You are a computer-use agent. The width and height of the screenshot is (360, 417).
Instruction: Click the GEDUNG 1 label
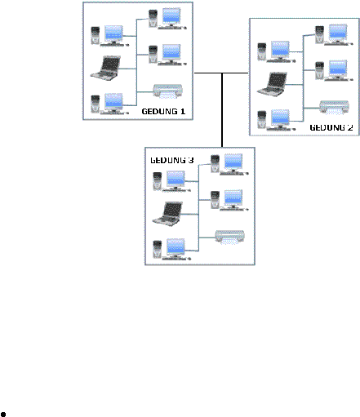(163, 111)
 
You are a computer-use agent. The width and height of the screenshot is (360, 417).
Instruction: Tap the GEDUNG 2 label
(331, 127)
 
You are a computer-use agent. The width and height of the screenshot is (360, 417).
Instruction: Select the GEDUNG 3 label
(172, 160)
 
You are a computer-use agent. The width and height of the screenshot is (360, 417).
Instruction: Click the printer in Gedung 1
(167, 91)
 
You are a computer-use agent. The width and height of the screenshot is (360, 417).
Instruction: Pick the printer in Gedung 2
(334, 108)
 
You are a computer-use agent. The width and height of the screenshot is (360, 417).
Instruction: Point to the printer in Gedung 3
(229, 237)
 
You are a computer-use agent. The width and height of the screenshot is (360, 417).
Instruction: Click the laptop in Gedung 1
(105, 68)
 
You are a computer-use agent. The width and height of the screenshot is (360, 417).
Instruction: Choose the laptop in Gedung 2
(272, 84)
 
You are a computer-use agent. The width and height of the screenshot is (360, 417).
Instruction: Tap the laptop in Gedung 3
(167, 214)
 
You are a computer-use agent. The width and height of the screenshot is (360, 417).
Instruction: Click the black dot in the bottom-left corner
(3, 415)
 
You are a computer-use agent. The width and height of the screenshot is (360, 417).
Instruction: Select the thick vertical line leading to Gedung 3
(222, 110)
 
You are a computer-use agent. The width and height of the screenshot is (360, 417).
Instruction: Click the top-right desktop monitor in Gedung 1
(171, 17)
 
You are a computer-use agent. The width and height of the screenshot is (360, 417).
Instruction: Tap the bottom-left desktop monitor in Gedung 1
(113, 102)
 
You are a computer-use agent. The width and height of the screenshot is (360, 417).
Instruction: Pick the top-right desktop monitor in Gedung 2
(338, 33)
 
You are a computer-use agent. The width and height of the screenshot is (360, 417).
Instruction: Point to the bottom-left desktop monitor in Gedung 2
(280, 118)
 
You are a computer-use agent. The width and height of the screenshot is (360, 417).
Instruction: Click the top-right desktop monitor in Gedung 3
(233, 163)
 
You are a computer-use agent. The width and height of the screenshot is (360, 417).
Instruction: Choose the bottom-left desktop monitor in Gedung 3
(176, 248)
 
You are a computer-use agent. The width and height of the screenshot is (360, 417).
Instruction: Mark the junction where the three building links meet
(222, 73)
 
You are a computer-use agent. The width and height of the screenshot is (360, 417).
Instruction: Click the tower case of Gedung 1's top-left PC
(96, 35)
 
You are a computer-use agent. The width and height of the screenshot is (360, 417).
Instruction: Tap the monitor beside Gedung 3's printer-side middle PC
(233, 199)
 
